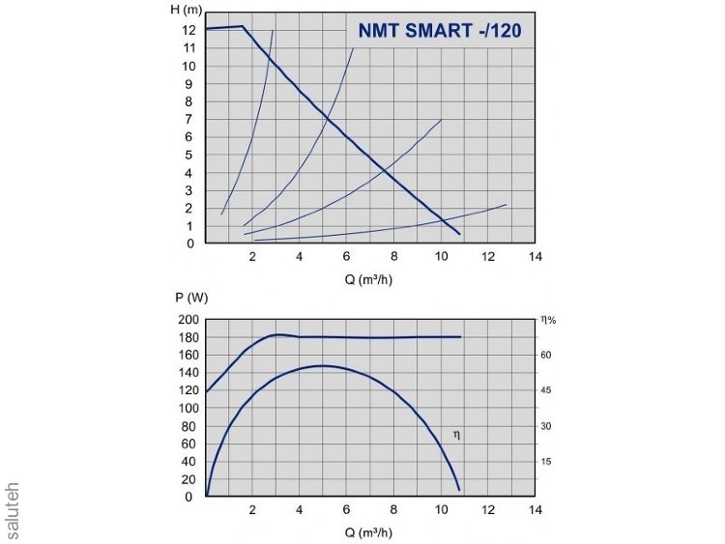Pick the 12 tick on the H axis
[x=190, y=30]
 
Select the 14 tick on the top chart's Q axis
[x=536, y=257]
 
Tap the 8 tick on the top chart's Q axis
[x=393, y=257]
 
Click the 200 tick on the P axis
[x=187, y=320]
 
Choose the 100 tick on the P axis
[x=187, y=409]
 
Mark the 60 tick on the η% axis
[x=547, y=356]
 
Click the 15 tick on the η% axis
[x=547, y=462]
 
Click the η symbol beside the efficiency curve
[x=457, y=436]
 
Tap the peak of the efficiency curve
[x=322, y=365]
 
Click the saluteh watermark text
[x=13, y=509]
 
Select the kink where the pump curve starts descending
[x=242, y=27]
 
